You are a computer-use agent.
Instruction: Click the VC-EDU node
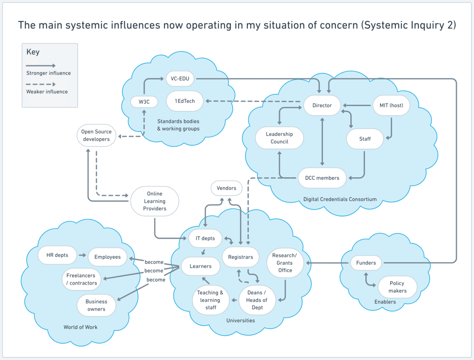click(x=180, y=79)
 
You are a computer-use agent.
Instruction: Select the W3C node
click(x=144, y=102)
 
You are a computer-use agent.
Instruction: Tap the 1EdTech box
click(x=185, y=101)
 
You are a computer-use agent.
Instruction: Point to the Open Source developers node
click(x=96, y=135)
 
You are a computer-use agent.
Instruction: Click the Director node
click(x=322, y=105)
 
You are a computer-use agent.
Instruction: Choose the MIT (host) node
click(x=391, y=105)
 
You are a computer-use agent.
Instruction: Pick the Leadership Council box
click(x=279, y=138)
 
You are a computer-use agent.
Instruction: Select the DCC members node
click(x=322, y=178)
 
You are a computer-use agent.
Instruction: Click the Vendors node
click(x=226, y=188)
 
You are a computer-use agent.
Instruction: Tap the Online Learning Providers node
click(x=154, y=201)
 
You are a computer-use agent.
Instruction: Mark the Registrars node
click(x=240, y=257)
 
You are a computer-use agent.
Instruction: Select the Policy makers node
click(x=397, y=287)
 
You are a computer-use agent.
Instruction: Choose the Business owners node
click(x=96, y=305)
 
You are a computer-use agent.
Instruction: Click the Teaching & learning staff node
click(x=211, y=300)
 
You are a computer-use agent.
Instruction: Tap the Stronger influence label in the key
click(x=49, y=73)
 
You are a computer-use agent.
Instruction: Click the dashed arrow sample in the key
click(x=41, y=84)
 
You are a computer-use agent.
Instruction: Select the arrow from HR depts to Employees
click(x=82, y=255)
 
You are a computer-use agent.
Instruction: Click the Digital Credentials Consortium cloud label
click(x=340, y=199)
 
